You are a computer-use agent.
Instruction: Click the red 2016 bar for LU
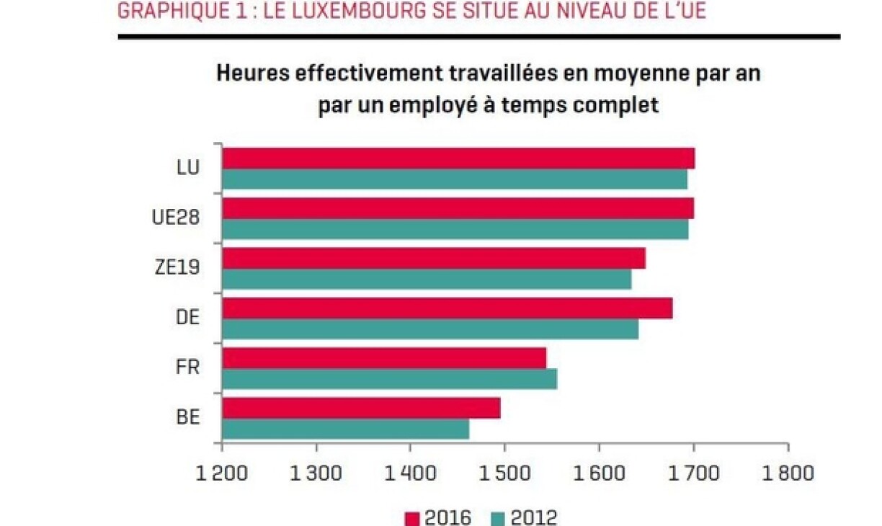point(458,159)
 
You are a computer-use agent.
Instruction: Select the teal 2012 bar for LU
point(455,179)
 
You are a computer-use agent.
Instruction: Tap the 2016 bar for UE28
point(458,208)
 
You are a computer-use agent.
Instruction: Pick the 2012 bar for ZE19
point(427,279)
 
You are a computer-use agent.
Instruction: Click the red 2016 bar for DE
point(447,308)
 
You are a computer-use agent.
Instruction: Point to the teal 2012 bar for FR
point(389,379)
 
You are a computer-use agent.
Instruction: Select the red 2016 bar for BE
point(361,408)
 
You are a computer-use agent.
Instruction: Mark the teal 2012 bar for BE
point(345,429)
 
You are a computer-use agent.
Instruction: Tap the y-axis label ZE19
point(178,267)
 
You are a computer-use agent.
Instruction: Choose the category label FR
point(187,367)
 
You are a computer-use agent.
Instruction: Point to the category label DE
point(187,317)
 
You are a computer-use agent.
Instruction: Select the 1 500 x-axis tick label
point(504,473)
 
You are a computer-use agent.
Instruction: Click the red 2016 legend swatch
point(412,518)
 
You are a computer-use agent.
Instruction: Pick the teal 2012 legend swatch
point(499,518)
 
